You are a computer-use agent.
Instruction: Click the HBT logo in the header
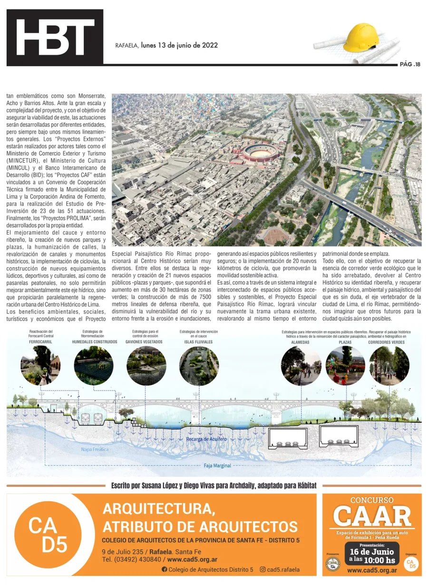click(x=55, y=37)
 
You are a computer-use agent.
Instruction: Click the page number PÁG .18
click(x=410, y=64)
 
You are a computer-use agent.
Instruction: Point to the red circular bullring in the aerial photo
click(x=260, y=152)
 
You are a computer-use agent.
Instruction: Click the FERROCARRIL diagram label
click(x=40, y=342)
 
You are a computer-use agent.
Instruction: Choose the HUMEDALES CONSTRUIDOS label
click(x=95, y=342)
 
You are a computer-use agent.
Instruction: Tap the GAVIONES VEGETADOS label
click(x=144, y=342)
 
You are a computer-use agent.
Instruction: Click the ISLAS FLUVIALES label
click(x=199, y=342)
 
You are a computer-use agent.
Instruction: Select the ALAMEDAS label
click(x=301, y=342)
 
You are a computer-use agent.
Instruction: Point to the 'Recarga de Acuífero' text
click(x=206, y=439)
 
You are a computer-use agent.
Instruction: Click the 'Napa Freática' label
click(x=95, y=449)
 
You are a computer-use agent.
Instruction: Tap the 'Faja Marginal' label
click(x=217, y=466)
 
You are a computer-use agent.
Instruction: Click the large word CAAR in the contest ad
click(x=371, y=516)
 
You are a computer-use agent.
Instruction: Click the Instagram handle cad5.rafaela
click(x=283, y=569)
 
